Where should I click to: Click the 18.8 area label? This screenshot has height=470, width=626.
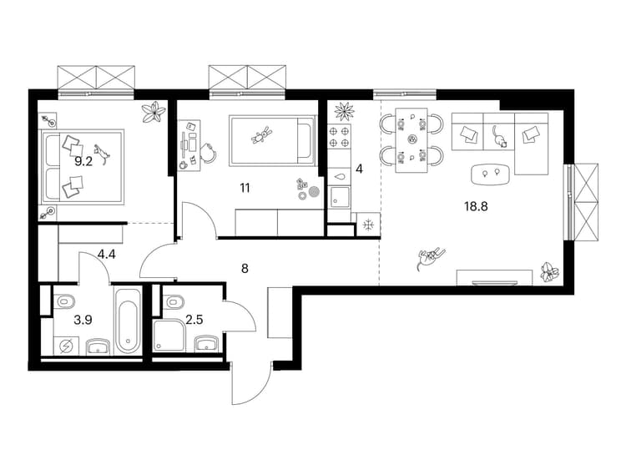click(x=476, y=207)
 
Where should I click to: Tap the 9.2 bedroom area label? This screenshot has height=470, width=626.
click(x=83, y=162)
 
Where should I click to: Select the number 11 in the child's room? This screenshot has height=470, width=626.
click(x=245, y=188)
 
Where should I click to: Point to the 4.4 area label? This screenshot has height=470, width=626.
click(x=107, y=254)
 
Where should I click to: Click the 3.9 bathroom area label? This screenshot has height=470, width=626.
click(x=83, y=320)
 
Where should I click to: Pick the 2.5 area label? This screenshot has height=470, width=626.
click(x=194, y=320)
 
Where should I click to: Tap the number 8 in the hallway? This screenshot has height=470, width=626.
click(x=245, y=269)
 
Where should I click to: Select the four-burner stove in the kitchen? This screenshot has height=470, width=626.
click(x=339, y=136)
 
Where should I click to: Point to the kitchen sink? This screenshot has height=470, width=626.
click(x=340, y=198)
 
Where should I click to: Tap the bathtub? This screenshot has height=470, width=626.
click(x=128, y=320)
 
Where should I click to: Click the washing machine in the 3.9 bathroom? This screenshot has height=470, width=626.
click(x=66, y=346)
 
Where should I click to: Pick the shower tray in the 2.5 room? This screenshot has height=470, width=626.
click(x=169, y=336)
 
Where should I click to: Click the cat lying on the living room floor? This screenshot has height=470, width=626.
click(x=431, y=257)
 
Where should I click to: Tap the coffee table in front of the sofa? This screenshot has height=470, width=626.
click(x=491, y=174)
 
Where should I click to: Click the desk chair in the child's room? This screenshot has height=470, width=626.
click(x=208, y=153)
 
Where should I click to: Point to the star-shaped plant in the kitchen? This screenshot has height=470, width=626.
click(x=344, y=111)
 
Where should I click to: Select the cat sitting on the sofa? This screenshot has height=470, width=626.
click(x=499, y=137)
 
